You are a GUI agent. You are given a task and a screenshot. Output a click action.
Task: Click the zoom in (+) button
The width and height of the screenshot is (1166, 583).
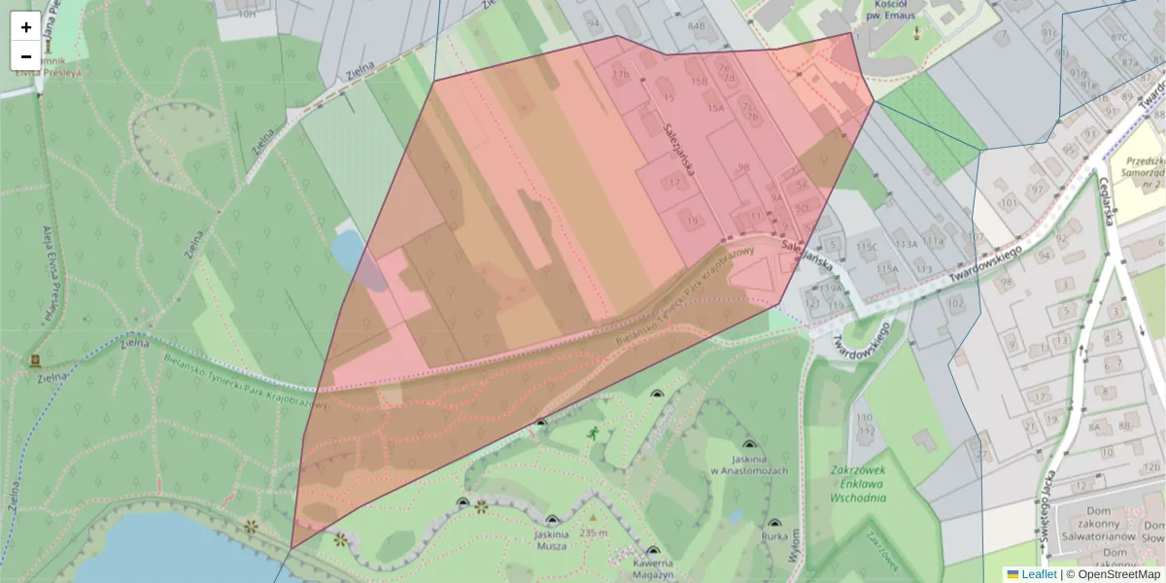[x=26, y=27]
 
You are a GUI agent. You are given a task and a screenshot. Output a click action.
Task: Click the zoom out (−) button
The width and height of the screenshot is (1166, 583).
[x=26, y=56]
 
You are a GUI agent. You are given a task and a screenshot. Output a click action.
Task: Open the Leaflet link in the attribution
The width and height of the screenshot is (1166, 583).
[x=1039, y=574]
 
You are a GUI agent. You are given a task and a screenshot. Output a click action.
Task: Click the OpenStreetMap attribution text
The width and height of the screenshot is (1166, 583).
[x=1118, y=574]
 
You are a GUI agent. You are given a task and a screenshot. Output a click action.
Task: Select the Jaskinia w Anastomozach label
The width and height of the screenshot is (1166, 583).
[x=748, y=464]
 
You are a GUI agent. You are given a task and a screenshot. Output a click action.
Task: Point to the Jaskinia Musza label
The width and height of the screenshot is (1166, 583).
[x=552, y=540]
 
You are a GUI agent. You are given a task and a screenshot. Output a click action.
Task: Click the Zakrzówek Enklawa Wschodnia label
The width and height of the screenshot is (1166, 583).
[x=858, y=483]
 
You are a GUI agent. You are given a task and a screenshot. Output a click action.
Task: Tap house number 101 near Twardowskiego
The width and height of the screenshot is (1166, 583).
[x=1008, y=202]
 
